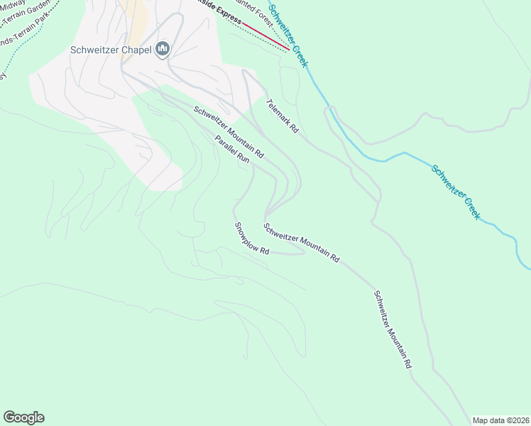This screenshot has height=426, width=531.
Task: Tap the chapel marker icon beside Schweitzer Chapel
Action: tap(163, 49)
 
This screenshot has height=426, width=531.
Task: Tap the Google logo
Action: tap(23, 417)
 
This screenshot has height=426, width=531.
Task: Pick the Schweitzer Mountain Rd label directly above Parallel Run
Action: tap(229, 131)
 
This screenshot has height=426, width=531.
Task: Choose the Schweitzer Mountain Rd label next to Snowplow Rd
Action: tap(301, 243)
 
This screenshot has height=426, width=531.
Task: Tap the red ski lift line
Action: tap(265, 36)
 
